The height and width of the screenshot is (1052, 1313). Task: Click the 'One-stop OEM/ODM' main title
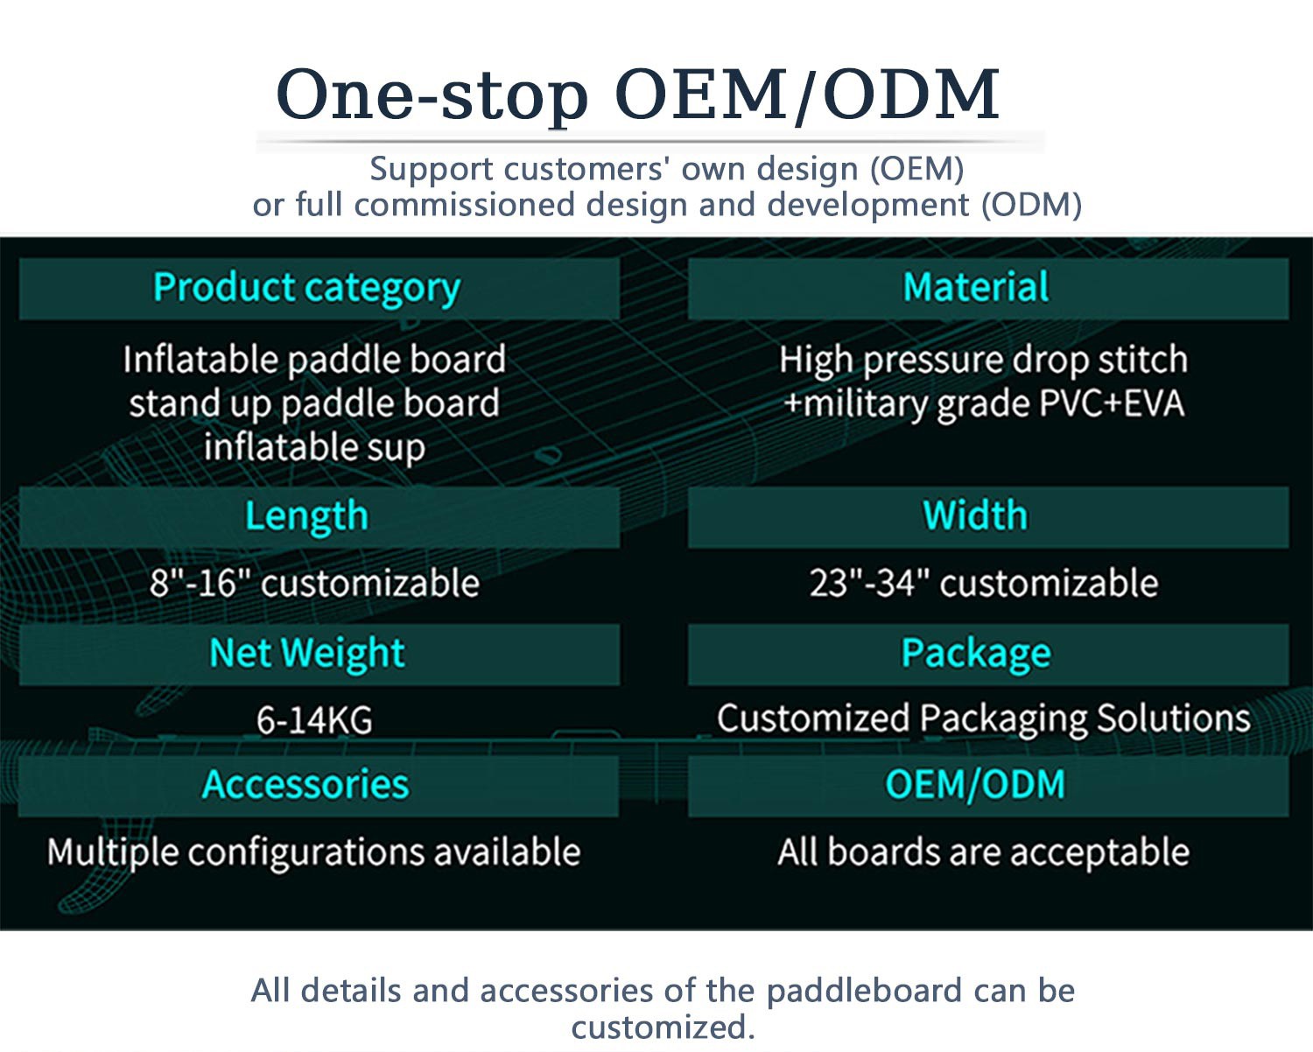click(637, 95)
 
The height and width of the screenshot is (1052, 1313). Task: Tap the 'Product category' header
click(306, 288)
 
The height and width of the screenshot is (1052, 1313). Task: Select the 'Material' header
click(975, 288)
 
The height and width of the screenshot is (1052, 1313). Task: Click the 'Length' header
click(306, 516)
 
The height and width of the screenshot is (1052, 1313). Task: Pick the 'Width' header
click(975, 515)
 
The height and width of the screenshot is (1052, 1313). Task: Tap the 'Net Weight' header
click(306, 654)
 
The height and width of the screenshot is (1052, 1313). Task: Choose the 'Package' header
click(975, 654)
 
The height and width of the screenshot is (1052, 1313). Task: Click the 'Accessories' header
click(306, 785)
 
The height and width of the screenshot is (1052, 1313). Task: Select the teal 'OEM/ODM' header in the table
click(975, 785)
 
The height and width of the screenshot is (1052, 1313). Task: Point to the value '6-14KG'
click(314, 720)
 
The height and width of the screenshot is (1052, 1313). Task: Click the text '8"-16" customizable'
click(314, 583)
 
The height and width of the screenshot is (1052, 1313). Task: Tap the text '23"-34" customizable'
click(983, 583)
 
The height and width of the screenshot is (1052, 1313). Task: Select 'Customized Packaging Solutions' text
click(983, 719)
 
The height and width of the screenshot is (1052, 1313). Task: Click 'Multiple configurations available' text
click(314, 852)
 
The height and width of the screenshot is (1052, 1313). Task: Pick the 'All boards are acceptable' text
click(983, 852)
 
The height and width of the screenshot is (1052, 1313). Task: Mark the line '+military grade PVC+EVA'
click(983, 404)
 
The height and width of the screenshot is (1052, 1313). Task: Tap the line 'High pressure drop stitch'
click(983, 360)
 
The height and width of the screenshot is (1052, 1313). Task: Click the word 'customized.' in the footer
click(663, 1027)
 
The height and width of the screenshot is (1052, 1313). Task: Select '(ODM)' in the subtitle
click(1031, 205)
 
